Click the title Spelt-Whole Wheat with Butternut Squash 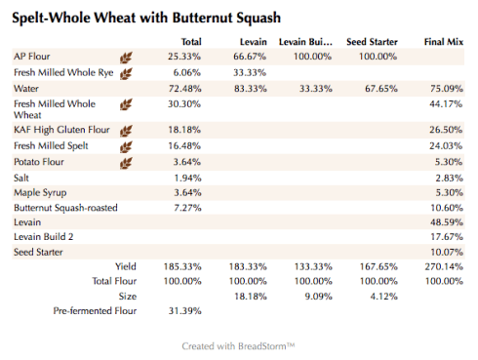click(145, 18)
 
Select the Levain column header click(254, 42)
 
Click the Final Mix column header click(443, 42)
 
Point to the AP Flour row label click(33, 58)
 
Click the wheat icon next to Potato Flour click(126, 162)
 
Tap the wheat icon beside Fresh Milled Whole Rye click(126, 73)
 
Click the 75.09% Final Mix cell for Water click(446, 89)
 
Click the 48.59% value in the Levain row click(446, 222)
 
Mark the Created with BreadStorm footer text click(238, 345)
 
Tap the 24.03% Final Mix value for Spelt click(446, 146)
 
